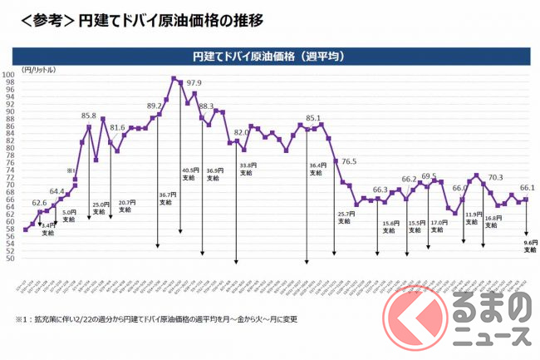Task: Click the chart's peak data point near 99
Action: (174, 79)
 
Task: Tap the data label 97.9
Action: (194, 83)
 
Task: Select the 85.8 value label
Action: (89, 116)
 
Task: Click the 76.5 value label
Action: (349, 160)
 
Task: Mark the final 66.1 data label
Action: (526, 188)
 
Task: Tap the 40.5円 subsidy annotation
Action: (189, 174)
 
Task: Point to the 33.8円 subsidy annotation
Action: (248, 168)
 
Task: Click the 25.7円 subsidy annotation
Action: (346, 218)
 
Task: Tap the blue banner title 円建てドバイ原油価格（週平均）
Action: (269, 57)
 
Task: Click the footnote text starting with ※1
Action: (166, 319)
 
